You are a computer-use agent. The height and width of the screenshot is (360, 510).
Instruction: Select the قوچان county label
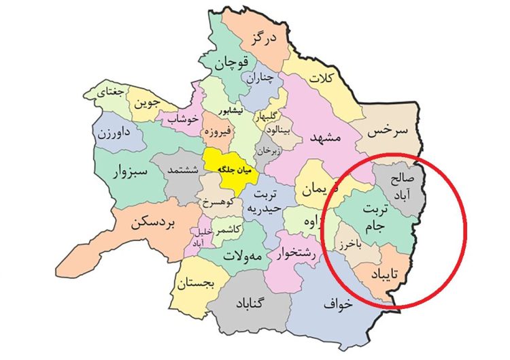[231, 65]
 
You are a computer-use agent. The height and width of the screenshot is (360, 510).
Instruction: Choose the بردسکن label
[154, 223]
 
